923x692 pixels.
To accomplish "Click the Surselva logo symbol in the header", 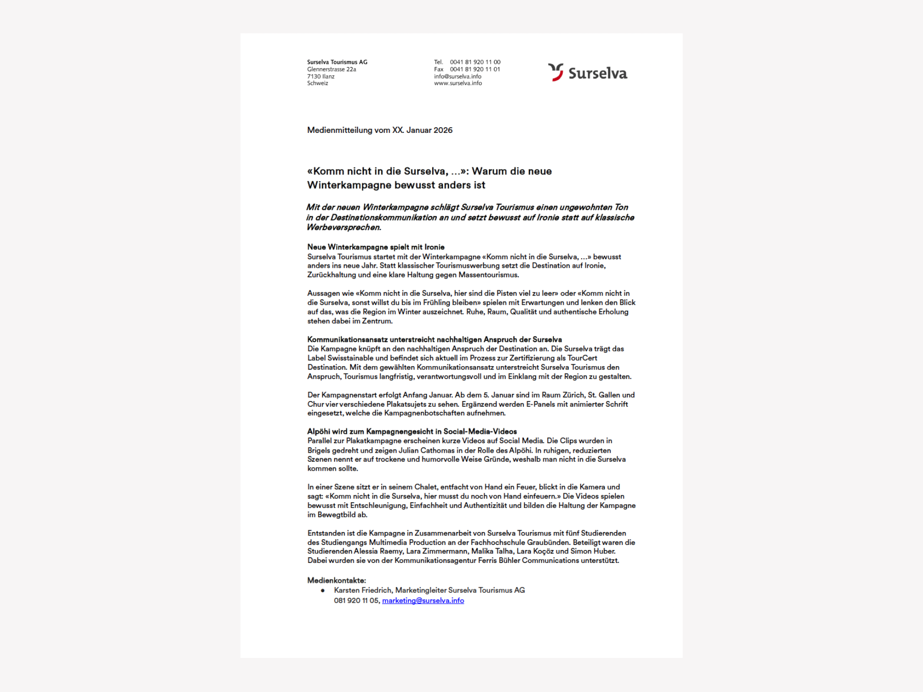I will pos(556,72).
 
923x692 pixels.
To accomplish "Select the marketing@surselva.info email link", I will pos(423,601).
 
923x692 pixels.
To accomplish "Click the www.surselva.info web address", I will pos(458,83).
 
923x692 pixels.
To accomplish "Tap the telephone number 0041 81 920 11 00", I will pos(475,62).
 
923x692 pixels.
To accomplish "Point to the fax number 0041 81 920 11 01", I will pos(475,69).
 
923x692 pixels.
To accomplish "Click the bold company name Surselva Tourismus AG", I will pos(337,62).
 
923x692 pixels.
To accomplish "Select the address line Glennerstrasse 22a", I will pos(331,69).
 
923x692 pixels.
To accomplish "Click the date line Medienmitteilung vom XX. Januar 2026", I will pos(380,130).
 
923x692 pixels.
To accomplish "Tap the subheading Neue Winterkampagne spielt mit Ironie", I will pos(376,247).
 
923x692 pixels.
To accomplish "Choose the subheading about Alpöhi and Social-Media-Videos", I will pos(412,431).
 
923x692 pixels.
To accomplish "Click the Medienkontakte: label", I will pos(337,580).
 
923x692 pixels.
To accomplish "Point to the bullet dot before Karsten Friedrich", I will pos(323,590).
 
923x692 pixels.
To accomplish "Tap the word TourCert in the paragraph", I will pos(582,358).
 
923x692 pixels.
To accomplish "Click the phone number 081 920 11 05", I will pos(356,601).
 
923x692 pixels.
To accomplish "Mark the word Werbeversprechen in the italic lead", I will pos(343,228).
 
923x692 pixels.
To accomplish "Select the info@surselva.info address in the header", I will pos(457,76).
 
